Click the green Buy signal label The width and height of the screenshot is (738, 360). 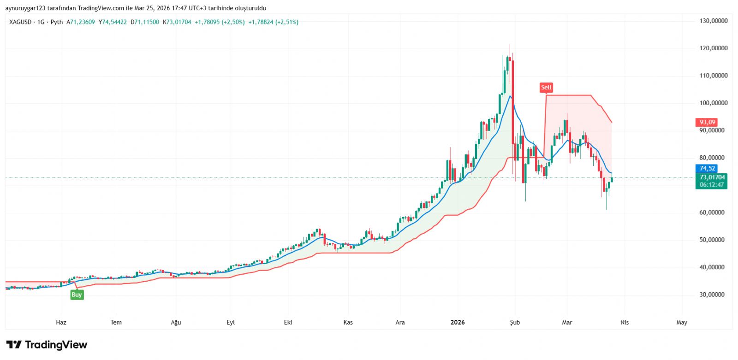pos(77,295)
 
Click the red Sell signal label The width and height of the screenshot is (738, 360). pos(546,87)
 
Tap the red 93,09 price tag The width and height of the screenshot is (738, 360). pos(707,122)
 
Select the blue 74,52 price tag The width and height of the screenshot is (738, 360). pos(707,169)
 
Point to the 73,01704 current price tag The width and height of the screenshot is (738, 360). pos(712,177)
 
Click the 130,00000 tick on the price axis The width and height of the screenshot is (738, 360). pos(713,21)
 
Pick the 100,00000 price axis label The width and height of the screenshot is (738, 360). pos(713,103)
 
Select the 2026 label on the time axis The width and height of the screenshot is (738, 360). pos(458,323)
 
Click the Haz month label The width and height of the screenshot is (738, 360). pos(61,323)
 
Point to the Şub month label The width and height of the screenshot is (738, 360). pos(515,323)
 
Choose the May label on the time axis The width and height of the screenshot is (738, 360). pos(681,323)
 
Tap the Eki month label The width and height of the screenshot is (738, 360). pos(288,323)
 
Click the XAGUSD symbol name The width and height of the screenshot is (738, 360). pos(20,22)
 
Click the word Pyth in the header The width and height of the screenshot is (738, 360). pos(56,22)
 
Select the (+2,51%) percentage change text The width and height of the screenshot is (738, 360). pos(287,22)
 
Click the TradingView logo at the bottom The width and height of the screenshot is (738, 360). pos(47,345)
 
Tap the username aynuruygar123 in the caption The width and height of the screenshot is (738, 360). pos(25,8)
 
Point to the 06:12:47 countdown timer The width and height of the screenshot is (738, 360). pos(712,185)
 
